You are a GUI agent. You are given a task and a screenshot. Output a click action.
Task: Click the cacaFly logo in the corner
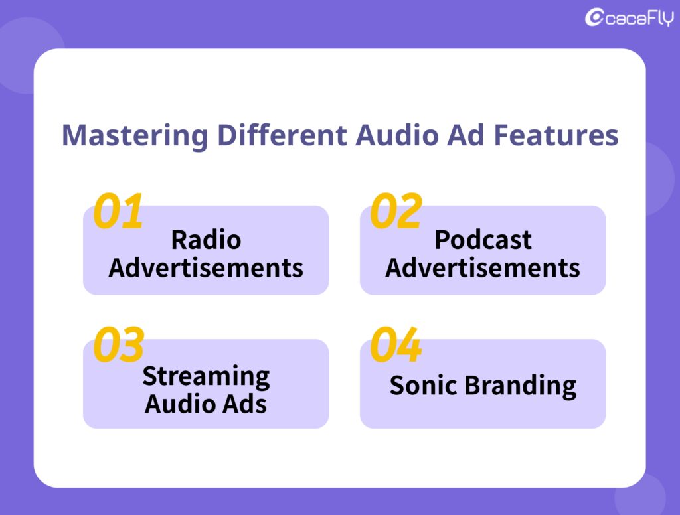[x=630, y=17]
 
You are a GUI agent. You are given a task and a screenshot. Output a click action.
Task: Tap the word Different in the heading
[x=282, y=135]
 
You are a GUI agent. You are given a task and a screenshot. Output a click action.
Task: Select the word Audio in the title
[x=397, y=135]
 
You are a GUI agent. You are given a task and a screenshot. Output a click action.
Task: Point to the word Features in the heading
[x=556, y=135]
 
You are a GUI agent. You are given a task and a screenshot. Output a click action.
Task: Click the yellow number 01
[x=118, y=211]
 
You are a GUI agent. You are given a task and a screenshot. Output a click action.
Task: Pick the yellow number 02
[x=396, y=211]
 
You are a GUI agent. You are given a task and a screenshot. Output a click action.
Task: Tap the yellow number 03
[x=118, y=344]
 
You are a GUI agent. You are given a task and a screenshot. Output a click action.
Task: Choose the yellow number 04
[x=396, y=344]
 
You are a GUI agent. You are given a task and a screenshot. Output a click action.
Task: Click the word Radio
[x=206, y=240]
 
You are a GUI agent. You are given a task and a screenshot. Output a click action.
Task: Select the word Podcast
[x=483, y=240]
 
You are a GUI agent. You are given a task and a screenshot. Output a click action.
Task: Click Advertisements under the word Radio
[x=206, y=268]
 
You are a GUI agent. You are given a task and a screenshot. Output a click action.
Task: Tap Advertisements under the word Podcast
[x=483, y=268]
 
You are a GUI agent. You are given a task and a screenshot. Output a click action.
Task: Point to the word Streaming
[x=206, y=377]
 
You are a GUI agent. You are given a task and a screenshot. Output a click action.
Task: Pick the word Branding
[x=521, y=386]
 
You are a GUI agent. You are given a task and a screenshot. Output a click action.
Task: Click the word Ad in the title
[x=466, y=135]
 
